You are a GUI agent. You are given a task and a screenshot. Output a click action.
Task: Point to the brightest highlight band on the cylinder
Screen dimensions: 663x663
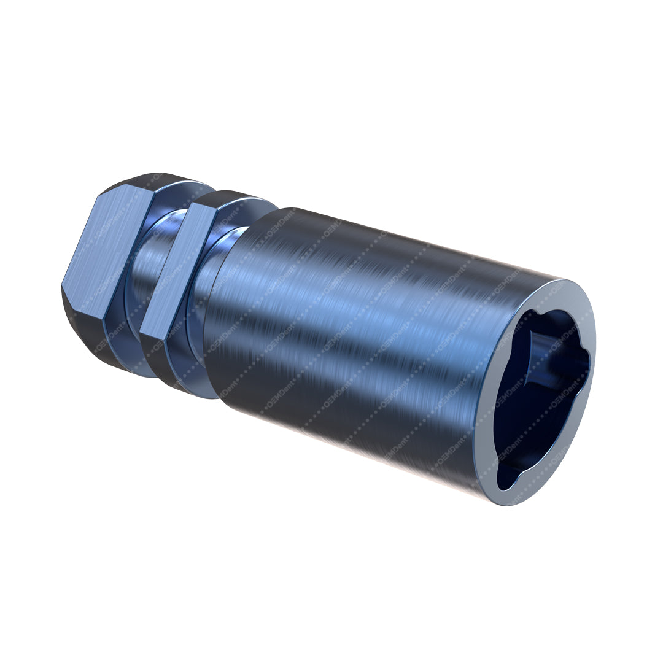(x=368, y=289)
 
